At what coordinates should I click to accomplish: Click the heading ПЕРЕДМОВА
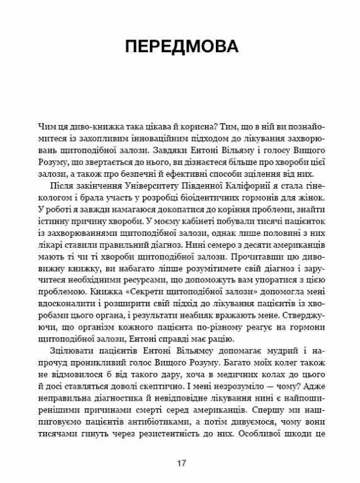click(179, 48)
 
